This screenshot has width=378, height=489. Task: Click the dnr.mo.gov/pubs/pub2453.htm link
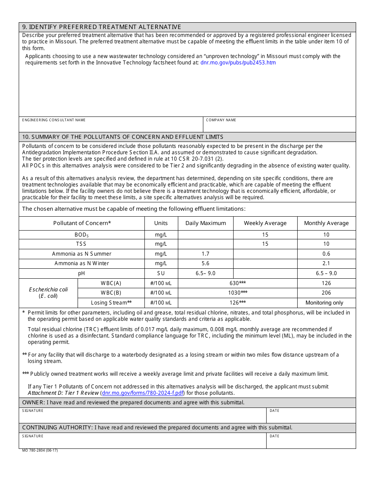(x=238, y=62)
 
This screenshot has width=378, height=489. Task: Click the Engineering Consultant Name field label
(x=54, y=120)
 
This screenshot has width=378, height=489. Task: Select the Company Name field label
(x=221, y=120)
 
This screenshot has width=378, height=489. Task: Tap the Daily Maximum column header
(x=205, y=223)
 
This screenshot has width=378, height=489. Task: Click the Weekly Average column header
(x=265, y=223)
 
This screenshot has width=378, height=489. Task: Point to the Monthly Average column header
(x=326, y=223)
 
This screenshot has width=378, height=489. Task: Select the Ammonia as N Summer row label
(x=82, y=254)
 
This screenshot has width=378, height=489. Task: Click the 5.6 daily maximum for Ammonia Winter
(x=205, y=263)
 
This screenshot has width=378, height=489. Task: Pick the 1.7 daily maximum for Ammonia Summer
(x=205, y=254)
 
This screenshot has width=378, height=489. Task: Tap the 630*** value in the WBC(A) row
(x=238, y=283)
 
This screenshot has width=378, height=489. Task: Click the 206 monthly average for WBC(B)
(x=326, y=293)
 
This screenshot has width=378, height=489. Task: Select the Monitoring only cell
(x=324, y=303)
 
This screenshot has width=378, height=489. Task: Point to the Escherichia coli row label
(x=48, y=293)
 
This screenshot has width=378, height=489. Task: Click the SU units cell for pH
(x=161, y=273)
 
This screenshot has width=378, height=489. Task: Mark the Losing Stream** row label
(x=111, y=303)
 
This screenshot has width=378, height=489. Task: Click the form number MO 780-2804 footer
(x=40, y=450)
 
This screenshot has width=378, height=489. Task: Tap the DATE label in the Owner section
(x=275, y=411)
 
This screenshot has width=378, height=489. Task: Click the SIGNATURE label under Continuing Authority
(x=33, y=436)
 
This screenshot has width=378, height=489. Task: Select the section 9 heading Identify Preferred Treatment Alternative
(x=101, y=27)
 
